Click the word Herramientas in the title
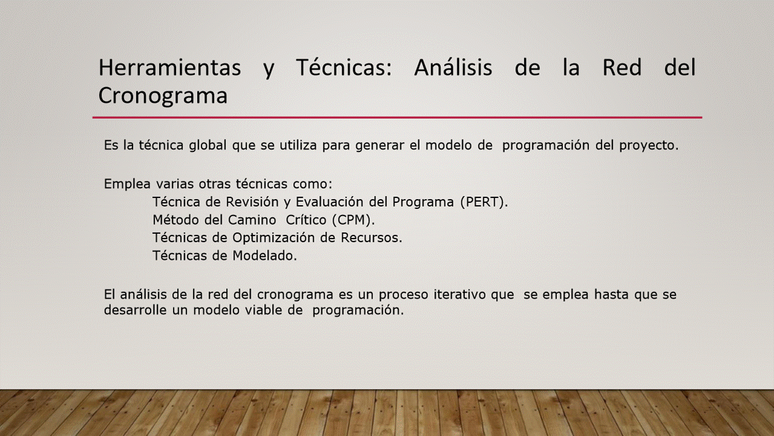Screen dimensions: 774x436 point(170,67)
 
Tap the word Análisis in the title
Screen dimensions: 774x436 point(453,67)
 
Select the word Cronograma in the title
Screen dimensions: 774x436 point(163,95)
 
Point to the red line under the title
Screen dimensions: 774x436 point(397,117)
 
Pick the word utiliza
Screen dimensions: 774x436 point(298,145)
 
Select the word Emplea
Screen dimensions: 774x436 point(127,183)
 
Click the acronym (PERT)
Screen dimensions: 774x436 point(484,202)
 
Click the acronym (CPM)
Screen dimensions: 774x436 point(353,220)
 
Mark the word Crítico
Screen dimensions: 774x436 point(306,220)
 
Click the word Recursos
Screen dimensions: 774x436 point(371,238)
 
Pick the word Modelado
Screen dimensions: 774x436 point(264,256)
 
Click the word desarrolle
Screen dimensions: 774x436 point(135,310)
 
